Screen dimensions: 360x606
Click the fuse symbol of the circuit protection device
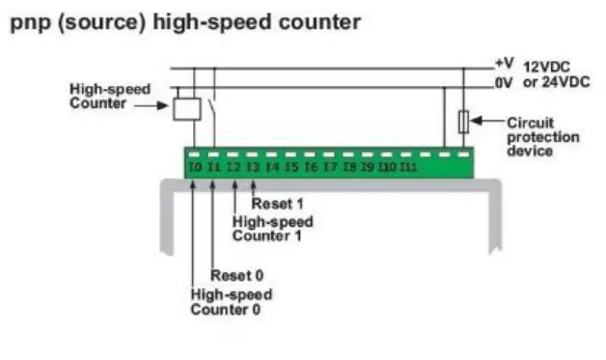(462, 123)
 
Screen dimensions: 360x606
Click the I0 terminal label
(195, 166)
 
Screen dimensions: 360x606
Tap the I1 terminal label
(214, 166)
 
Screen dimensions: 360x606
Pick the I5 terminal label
(291, 166)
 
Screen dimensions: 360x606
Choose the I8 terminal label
(349, 166)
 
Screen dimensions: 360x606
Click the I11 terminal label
(409, 166)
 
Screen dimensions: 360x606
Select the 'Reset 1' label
(277, 205)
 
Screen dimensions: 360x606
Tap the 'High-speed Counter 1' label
(273, 228)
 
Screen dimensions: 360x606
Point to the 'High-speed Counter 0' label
(231, 301)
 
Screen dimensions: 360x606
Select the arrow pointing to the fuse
(488, 123)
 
